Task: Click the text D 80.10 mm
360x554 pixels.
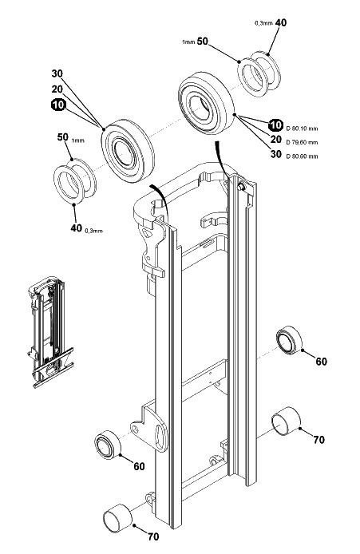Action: click(302, 129)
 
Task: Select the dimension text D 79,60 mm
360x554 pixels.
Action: click(302, 142)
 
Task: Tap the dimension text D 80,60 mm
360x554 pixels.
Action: click(302, 156)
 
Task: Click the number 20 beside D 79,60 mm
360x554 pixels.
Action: click(276, 140)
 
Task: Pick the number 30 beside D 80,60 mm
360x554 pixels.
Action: click(276, 154)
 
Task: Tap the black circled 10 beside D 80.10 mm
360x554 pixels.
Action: click(275, 125)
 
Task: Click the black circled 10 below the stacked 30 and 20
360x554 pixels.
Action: click(58, 105)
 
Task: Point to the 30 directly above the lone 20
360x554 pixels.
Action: click(57, 73)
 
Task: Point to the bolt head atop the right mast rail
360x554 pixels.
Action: click(241, 187)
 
